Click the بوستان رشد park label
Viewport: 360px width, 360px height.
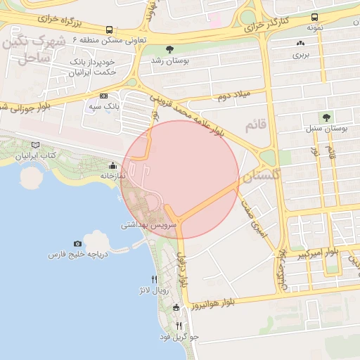coord(170,61)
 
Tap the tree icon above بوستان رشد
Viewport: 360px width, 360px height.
coord(170,49)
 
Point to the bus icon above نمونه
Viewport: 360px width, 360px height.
coord(314,17)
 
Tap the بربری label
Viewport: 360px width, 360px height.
coord(301,54)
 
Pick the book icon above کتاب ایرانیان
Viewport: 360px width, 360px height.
coord(35,144)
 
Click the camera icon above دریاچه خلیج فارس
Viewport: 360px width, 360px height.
coord(77,243)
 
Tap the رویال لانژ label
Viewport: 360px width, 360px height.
coord(154,289)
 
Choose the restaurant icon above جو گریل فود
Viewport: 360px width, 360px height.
coord(179,326)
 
